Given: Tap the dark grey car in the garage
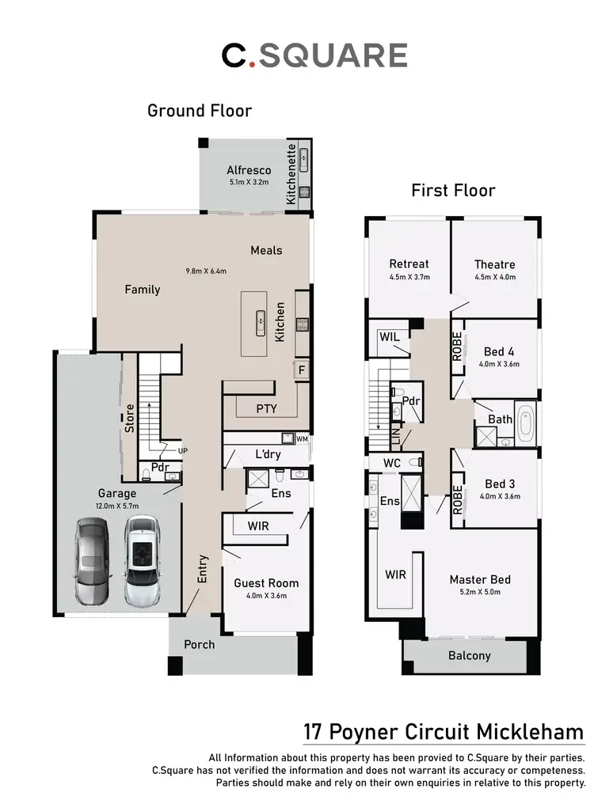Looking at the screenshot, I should pos(91,561).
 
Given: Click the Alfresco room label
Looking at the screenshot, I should pos(249,170).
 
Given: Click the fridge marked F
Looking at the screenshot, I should pos(301,370).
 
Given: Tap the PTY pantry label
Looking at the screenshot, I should pos(266,408).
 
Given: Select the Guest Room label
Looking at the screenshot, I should pos(266,583).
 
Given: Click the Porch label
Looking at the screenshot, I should pos(199,644).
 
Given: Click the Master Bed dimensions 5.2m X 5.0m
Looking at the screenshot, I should pos(474,591).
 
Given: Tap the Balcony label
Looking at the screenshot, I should pos(469,655).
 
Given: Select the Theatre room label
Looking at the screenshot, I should pos(494,264).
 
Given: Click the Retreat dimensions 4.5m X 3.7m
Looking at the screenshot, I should pos(409,277).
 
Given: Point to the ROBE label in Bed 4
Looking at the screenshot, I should pos(457,347).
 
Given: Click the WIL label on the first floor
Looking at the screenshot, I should pos(389,337).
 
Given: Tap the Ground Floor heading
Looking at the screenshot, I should pos(200,111).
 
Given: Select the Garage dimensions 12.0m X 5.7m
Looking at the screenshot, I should pos(116,506).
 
